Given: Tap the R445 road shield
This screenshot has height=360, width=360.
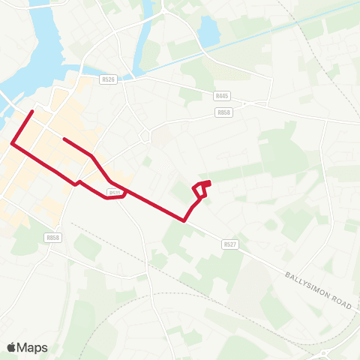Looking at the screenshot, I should click(221, 97).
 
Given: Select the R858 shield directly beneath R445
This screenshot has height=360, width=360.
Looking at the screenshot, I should click(222, 112).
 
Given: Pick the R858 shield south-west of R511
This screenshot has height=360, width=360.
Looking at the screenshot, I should click(52, 238).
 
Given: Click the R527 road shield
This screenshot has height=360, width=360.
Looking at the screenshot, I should click(229, 244).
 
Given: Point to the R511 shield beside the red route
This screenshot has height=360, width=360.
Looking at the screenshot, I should click(115, 193).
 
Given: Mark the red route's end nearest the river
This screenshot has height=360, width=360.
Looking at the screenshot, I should click(32, 112).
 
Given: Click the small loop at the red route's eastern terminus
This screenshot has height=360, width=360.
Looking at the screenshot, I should click(201, 187).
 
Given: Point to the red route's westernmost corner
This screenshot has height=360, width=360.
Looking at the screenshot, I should click(11, 143).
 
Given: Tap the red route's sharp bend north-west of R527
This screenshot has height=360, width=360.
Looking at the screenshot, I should click(184, 220).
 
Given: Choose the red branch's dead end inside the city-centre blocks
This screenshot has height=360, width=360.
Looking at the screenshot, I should click(64, 139).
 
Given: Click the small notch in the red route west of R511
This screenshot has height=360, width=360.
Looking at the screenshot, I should click(76, 182).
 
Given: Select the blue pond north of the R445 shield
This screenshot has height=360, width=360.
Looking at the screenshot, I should click(208, 30).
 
